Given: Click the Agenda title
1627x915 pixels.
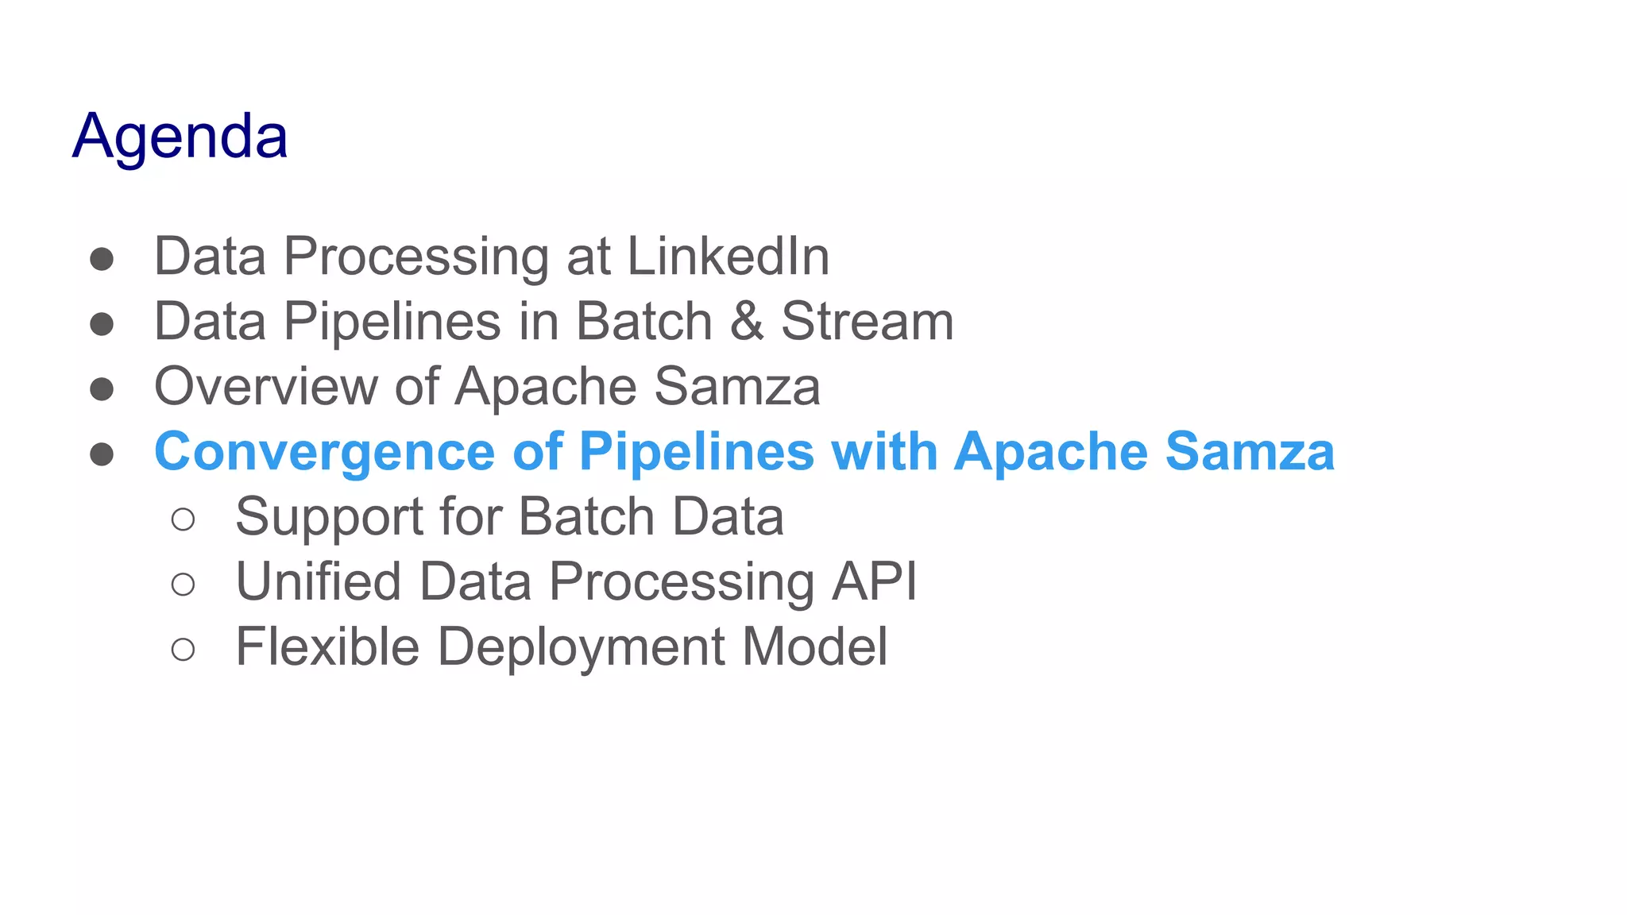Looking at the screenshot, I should pyautogui.click(x=180, y=137).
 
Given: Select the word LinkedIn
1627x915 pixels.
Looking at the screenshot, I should pyautogui.click(x=728, y=257).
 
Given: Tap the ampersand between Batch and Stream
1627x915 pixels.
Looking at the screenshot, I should pyautogui.click(x=746, y=321).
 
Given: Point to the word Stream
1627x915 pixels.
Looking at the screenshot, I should pyautogui.click(x=867, y=321).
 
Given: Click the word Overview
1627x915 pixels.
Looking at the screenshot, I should pyautogui.click(x=266, y=387).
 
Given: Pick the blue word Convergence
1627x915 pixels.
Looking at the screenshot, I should pyautogui.click(x=325, y=452).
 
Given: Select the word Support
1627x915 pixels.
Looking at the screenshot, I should pyautogui.click(x=329, y=517).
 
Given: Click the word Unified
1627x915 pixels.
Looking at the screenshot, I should pyautogui.click(x=319, y=581).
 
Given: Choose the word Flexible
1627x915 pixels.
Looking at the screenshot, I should pyautogui.click(x=327, y=647).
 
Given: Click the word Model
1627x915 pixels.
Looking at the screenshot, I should pyautogui.click(x=814, y=647).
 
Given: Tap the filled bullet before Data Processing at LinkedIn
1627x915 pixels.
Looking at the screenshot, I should pyautogui.click(x=102, y=259).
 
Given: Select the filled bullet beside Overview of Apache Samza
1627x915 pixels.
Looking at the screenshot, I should pyautogui.click(x=102, y=389).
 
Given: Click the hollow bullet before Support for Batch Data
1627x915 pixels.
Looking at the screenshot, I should pyautogui.click(x=183, y=519).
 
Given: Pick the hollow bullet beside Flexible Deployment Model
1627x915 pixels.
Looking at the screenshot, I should pyautogui.click(x=183, y=650).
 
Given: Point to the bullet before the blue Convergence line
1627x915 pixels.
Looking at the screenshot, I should pyautogui.click(x=102, y=454).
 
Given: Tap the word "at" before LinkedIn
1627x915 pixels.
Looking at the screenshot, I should pyautogui.click(x=588, y=257).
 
